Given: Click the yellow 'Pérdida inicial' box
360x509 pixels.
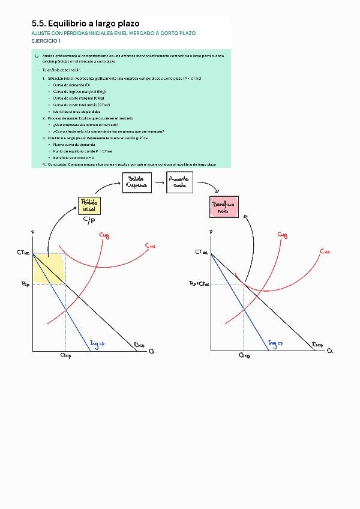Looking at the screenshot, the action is (x=89, y=205).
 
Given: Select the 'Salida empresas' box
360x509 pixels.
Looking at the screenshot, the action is (x=136, y=182).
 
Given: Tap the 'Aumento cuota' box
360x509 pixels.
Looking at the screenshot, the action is (x=179, y=182).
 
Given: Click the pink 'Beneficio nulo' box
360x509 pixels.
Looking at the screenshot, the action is (x=224, y=208).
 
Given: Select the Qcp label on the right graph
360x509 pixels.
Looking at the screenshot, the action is (x=244, y=355).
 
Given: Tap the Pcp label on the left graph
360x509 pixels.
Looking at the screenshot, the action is (x=25, y=285).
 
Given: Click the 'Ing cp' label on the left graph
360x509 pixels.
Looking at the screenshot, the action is (x=97, y=343).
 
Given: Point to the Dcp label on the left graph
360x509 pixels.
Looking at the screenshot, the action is (x=139, y=345).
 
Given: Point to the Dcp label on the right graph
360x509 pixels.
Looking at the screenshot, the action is (x=318, y=345).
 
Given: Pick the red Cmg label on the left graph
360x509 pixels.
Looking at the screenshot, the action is (x=105, y=236).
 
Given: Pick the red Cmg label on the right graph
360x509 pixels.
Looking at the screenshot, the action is (x=283, y=235).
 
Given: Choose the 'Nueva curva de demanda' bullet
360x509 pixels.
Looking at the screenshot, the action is (x=73, y=145).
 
